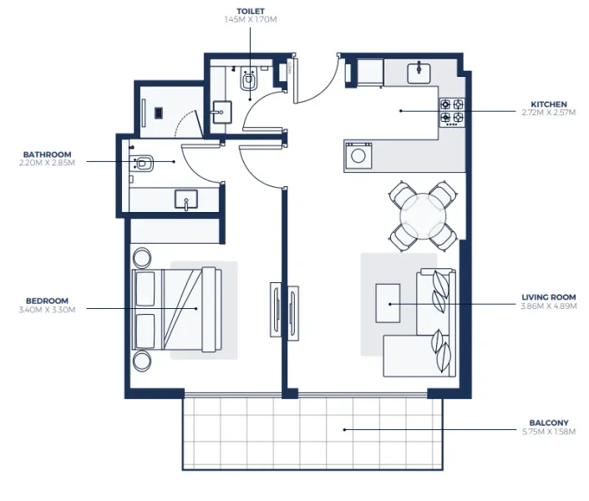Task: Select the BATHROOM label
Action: click(x=48, y=154)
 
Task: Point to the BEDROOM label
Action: click(x=48, y=301)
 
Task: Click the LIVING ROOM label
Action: click(x=548, y=297)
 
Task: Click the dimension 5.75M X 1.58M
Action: click(x=549, y=432)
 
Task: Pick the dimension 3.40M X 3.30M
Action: click(x=48, y=310)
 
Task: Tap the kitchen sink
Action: click(x=419, y=73)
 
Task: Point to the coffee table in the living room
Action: click(x=388, y=302)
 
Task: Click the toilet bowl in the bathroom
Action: click(x=144, y=164)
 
